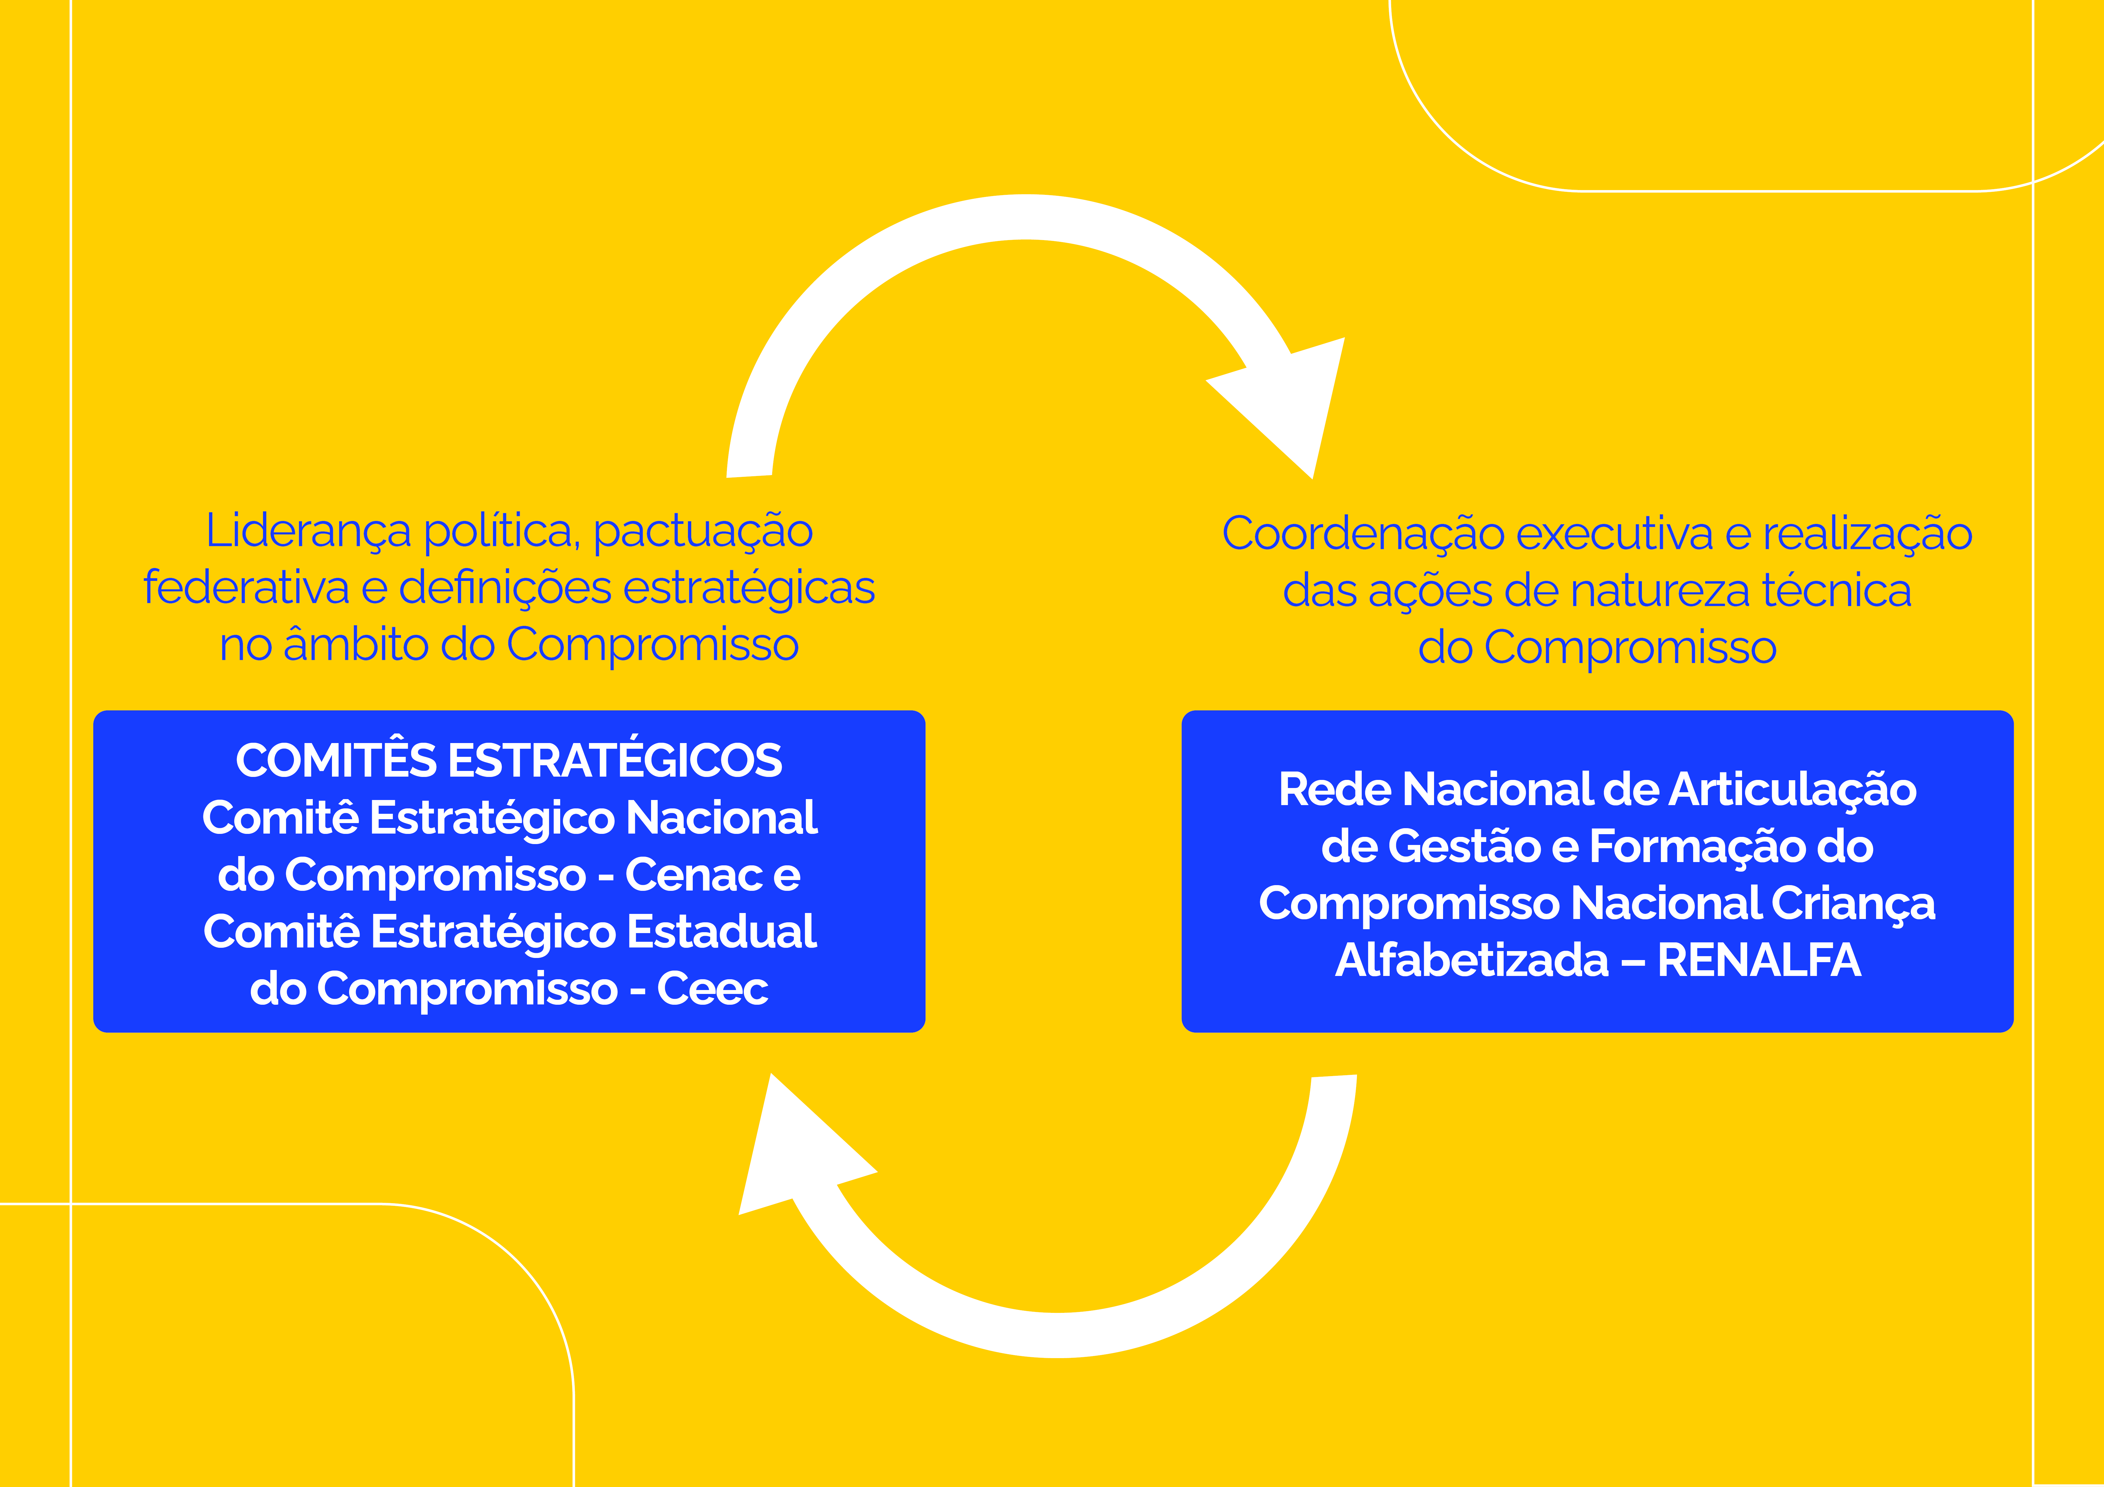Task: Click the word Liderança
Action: pyautogui.click(x=308, y=531)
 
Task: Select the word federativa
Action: pyautogui.click(x=246, y=588)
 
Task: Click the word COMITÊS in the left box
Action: pyautogui.click(x=335, y=760)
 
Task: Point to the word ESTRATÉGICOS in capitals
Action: pyautogui.click(x=614, y=760)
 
